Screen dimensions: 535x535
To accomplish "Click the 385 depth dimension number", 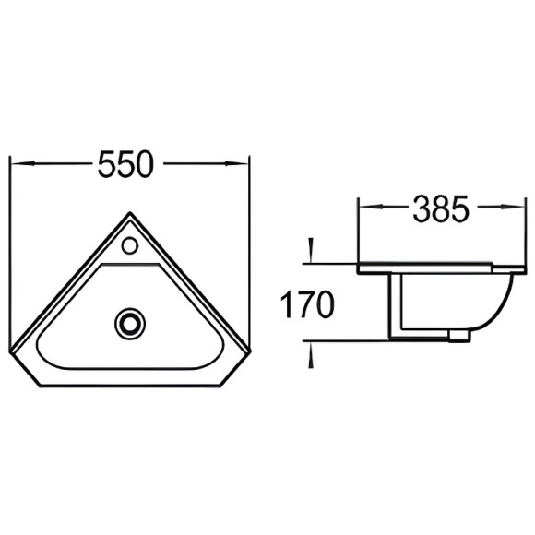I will coord(440,209).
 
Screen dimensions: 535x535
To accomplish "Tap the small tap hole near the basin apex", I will coord(130,246).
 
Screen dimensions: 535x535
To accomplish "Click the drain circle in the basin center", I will coord(129,322).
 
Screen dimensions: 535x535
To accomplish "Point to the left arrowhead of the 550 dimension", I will coord(17,164).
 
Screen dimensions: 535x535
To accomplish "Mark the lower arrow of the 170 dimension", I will coord(311,354).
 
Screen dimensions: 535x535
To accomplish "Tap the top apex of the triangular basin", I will coord(129,213).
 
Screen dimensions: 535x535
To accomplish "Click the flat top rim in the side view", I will coord(434,267).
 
